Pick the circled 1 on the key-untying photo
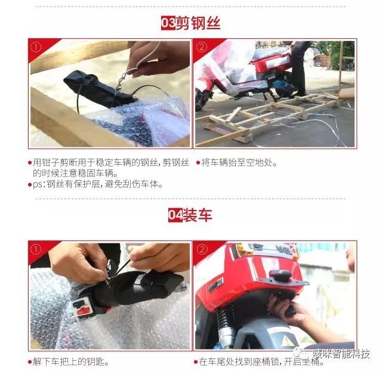coord(36,248)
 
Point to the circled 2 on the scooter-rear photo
coord(201,248)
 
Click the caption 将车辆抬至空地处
coord(239,162)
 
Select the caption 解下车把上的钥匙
coord(72,361)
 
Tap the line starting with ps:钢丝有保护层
coord(95,184)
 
